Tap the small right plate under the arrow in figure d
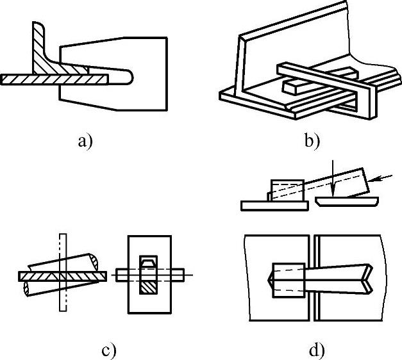346,202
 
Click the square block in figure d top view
287,280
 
